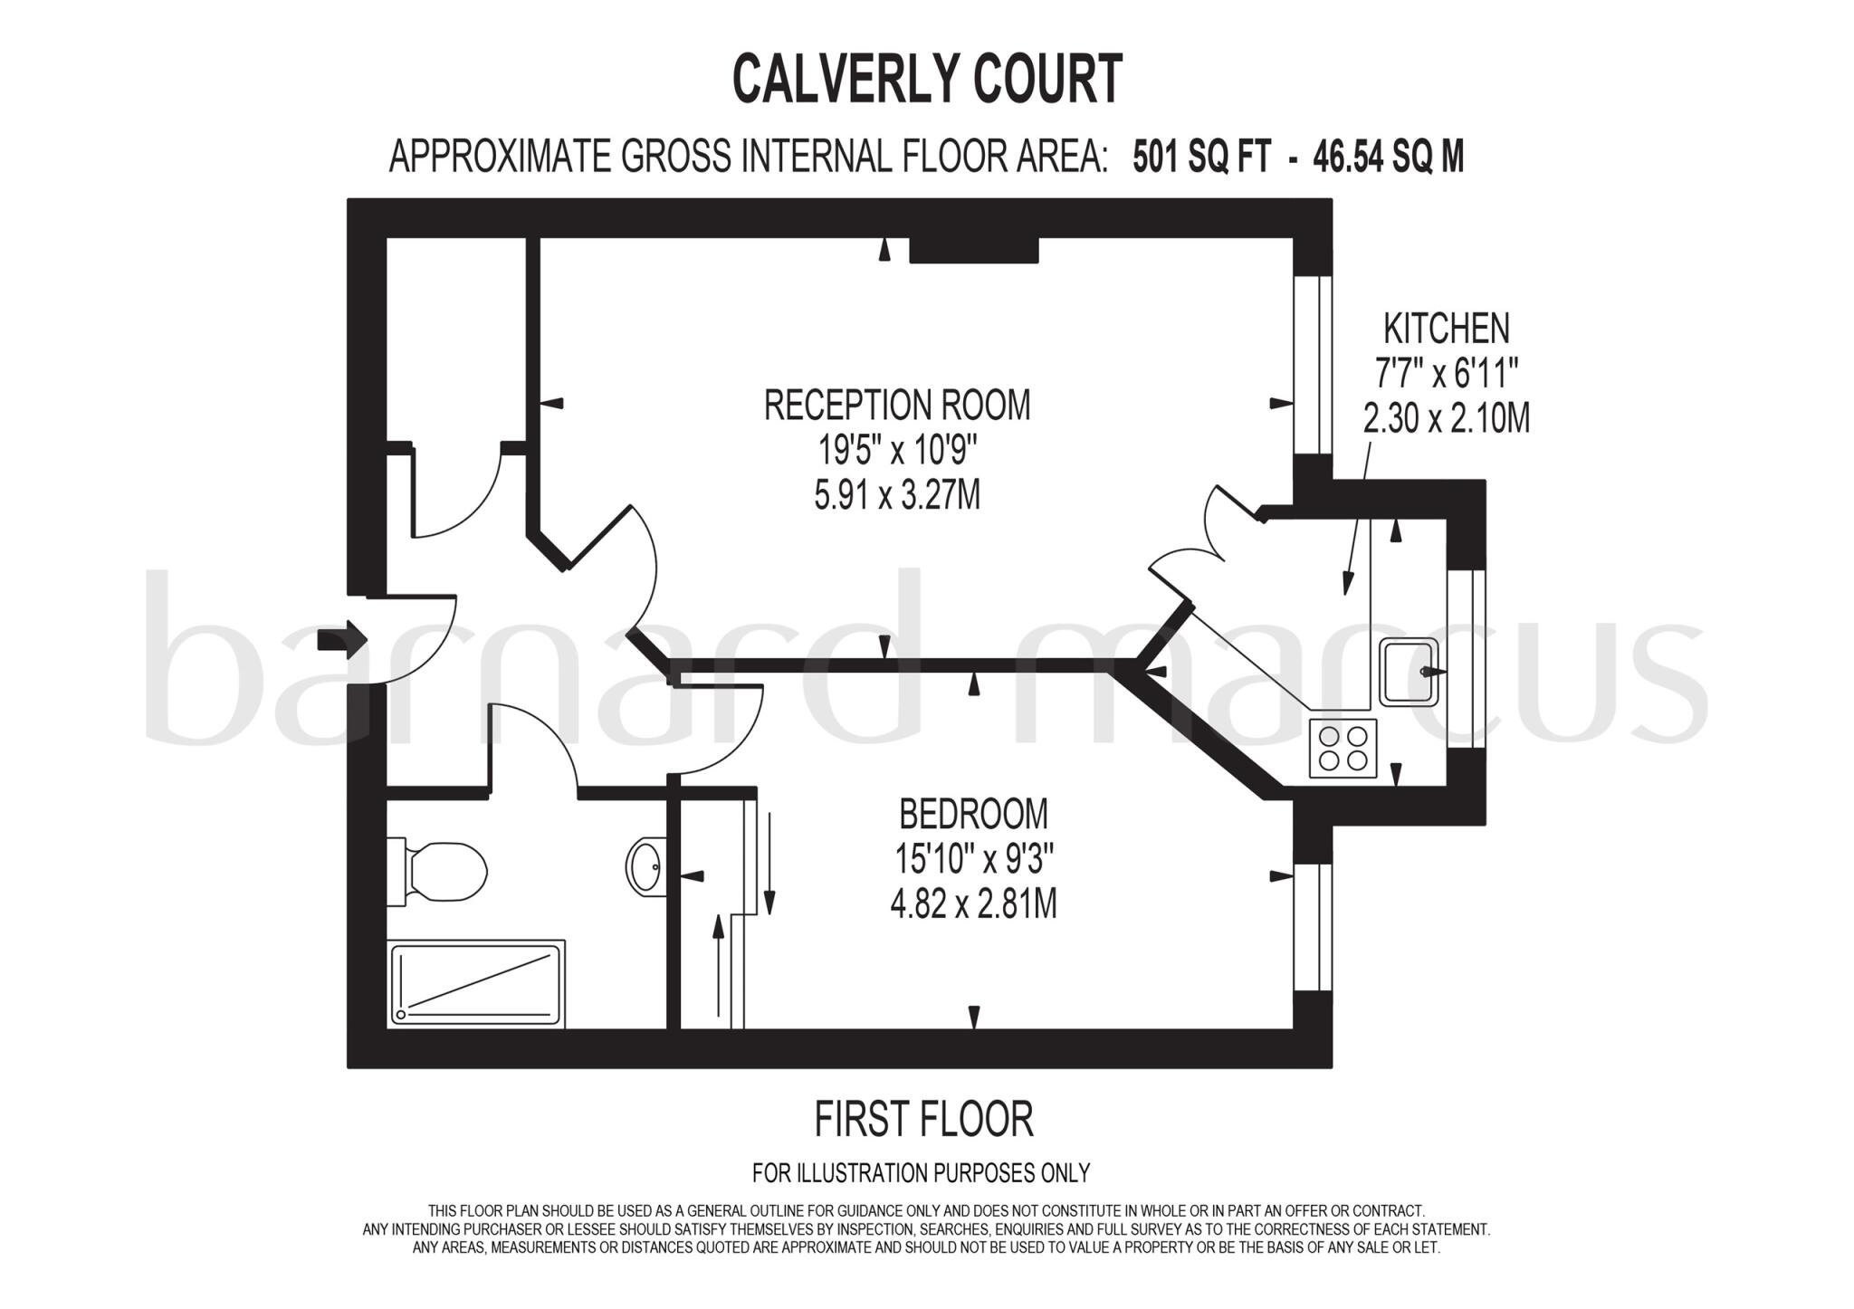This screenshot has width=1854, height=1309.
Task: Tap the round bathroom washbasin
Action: point(645,867)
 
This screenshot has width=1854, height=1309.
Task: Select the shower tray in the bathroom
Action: point(477,983)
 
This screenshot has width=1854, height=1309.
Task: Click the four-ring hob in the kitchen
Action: point(1343,749)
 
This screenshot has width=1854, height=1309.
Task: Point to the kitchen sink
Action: point(1408,671)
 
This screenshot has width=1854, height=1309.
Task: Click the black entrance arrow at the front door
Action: point(342,641)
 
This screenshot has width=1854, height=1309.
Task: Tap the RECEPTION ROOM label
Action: point(897,405)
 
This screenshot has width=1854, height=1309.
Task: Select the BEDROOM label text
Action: point(973,814)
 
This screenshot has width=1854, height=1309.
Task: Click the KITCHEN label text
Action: point(1447,328)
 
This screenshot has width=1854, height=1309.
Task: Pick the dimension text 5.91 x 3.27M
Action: point(897,495)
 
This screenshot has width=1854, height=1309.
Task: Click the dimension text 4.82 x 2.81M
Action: point(973,903)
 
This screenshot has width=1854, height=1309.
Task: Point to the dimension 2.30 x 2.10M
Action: point(1446,418)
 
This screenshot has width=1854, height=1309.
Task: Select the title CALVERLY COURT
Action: point(927,79)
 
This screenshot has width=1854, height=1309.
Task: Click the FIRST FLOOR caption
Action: point(923,1120)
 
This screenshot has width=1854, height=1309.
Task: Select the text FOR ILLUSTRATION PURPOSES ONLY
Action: point(921,1173)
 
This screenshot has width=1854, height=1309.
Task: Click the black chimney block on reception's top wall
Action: point(973,250)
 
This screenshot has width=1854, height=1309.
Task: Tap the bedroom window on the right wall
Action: point(1313,927)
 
